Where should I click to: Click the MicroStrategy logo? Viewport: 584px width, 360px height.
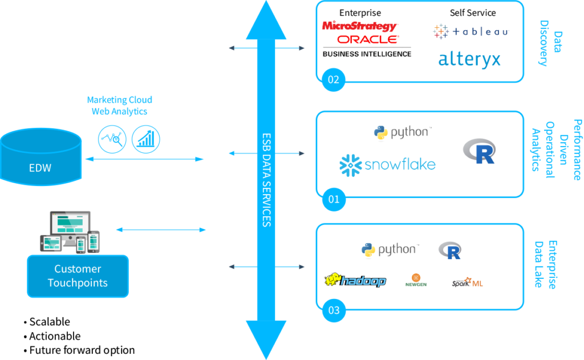(359, 26)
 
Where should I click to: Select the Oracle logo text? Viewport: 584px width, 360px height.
(367, 39)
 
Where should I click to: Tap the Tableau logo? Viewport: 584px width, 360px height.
(471, 31)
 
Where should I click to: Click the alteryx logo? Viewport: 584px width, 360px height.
(469, 59)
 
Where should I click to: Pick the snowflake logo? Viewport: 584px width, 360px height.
(387, 165)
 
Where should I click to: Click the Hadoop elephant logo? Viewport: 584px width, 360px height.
(355, 281)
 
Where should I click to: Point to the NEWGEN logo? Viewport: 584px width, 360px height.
(416, 280)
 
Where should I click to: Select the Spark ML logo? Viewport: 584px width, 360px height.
(467, 282)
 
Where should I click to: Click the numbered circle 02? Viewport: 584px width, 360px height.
(333, 79)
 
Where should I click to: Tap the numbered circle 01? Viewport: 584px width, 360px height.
(333, 199)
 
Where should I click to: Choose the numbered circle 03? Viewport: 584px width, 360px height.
(333, 311)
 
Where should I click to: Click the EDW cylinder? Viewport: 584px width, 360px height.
(40, 160)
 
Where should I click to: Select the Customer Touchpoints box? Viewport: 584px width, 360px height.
(78, 276)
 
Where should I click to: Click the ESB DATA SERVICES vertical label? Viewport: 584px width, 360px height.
(266, 180)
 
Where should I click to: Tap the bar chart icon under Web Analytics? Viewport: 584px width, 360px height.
(146, 139)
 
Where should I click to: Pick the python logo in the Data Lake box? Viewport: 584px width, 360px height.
(390, 249)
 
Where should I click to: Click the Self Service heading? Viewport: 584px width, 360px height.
(473, 13)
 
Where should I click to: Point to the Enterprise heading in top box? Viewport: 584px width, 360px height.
(360, 13)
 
